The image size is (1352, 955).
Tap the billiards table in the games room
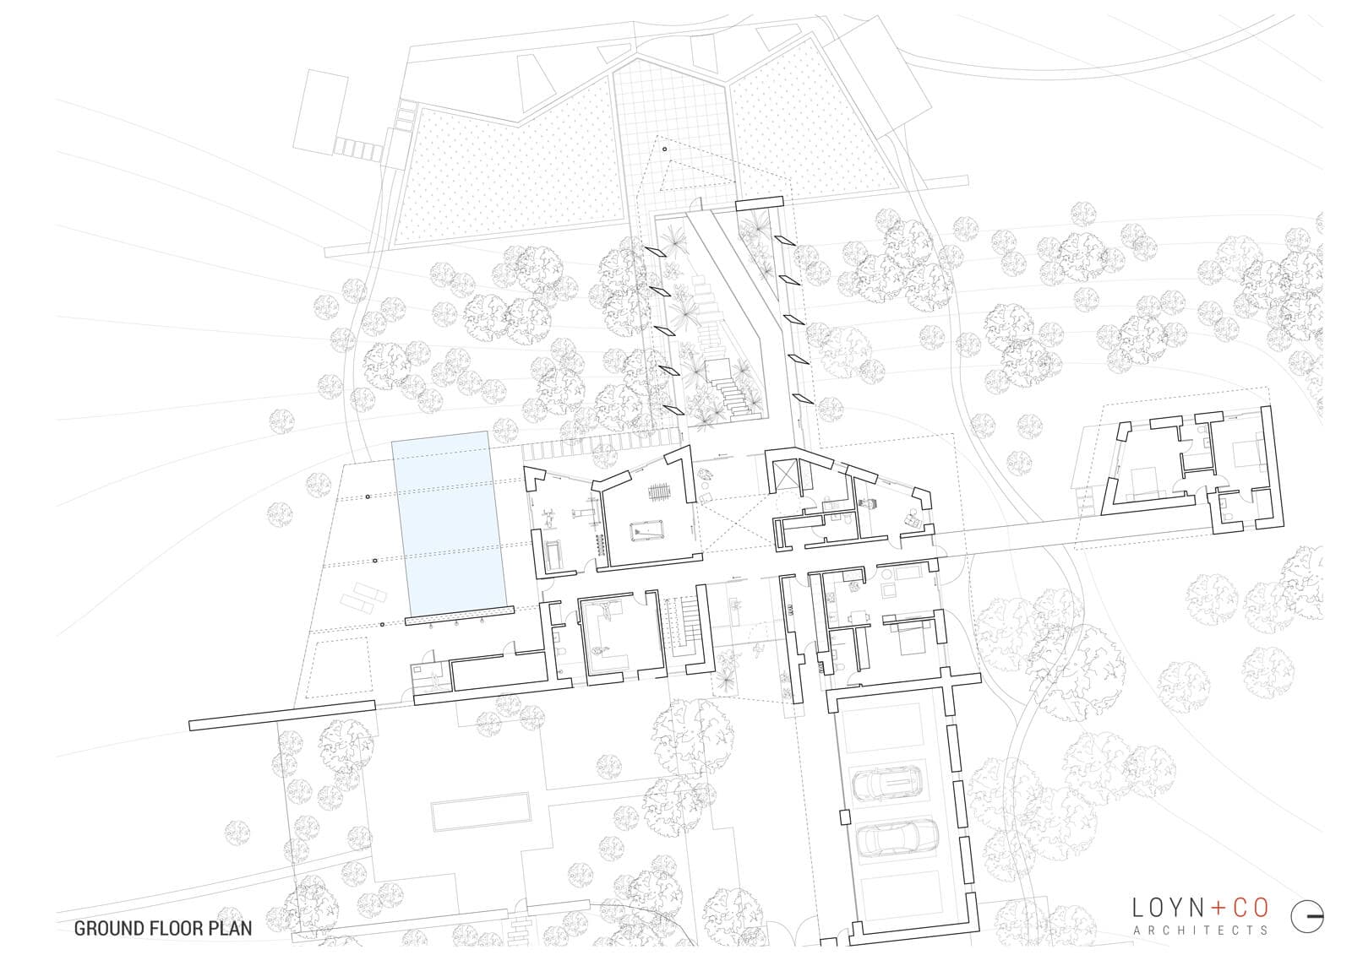tap(647, 531)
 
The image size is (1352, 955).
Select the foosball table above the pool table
tap(658, 491)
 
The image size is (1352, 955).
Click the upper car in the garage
tap(887, 784)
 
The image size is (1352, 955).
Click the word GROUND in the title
tap(107, 929)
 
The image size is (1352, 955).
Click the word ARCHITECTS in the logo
tap(1201, 931)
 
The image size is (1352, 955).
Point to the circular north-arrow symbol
tap(1306, 916)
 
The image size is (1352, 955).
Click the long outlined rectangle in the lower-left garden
tap(481, 811)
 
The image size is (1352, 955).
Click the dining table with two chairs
tap(859, 616)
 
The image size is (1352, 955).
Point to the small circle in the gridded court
tap(664, 149)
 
